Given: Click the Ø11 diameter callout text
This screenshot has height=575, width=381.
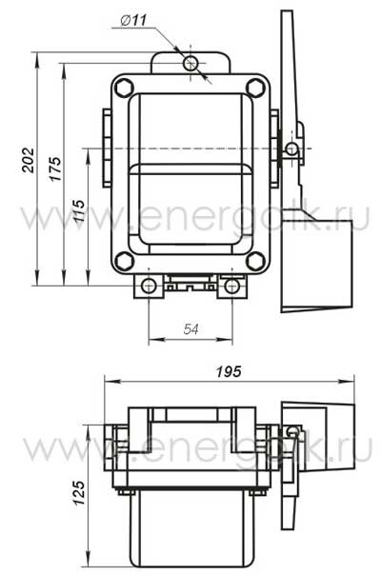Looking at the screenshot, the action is click(133, 20).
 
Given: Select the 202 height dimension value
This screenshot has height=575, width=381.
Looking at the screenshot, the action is click(29, 160).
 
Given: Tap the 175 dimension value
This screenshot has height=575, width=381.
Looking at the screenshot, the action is click(55, 169).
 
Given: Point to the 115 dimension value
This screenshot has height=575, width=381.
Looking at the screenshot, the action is click(79, 211).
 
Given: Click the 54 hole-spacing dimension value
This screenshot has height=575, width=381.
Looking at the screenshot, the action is click(190, 329).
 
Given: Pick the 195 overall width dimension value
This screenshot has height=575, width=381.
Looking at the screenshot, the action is click(229, 371).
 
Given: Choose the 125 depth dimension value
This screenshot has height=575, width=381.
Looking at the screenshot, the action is click(79, 493).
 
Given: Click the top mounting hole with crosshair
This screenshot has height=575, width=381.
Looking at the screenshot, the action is click(190, 63).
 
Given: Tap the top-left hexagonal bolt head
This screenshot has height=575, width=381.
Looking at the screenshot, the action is click(124, 88).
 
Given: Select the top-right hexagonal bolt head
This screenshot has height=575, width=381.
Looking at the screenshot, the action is click(255, 88).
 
